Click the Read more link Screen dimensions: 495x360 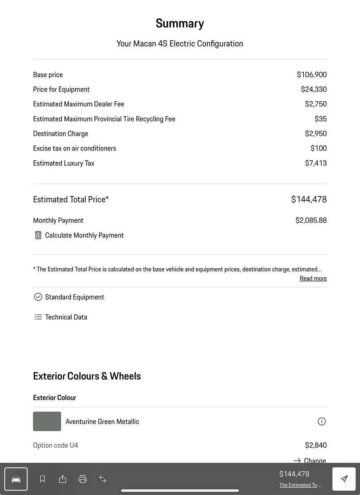pos(313,278)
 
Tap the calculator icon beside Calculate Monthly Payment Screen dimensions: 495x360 pos(38,235)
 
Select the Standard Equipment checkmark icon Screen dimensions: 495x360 pos(38,297)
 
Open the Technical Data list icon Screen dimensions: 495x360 pos(38,317)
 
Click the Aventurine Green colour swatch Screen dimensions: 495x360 pos(47,422)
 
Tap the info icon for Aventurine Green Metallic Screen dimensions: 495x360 pos(322,422)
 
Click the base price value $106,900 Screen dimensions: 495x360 pos(312,75)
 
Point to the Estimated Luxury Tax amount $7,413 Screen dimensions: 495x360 pos(315,163)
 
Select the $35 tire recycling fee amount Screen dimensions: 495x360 pos(320,119)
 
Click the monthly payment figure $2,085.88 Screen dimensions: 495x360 pos(311,220)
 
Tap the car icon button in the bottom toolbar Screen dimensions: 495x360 pos(16,479)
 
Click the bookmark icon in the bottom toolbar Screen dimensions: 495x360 pos(43,479)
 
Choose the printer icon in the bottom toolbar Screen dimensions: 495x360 pos(83,479)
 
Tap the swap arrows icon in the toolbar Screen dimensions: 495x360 pos(103,479)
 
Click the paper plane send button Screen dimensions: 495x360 pos(344,479)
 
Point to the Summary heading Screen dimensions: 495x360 pos(180,24)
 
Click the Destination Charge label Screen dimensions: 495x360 pos(61,134)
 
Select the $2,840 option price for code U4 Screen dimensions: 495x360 pos(315,445)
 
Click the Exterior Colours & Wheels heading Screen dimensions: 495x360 pos(87,376)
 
